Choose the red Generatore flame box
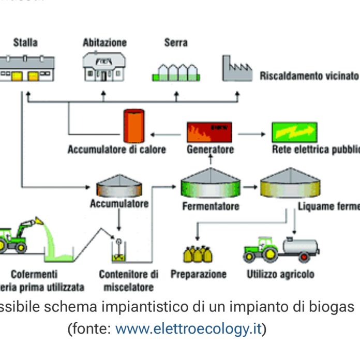tap(209, 132)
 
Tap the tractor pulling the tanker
tap(261, 249)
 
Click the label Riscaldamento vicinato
tap(309, 76)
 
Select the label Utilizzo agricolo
tap(280, 274)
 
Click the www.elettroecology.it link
tap(188, 329)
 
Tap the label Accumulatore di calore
tap(117, 150)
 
